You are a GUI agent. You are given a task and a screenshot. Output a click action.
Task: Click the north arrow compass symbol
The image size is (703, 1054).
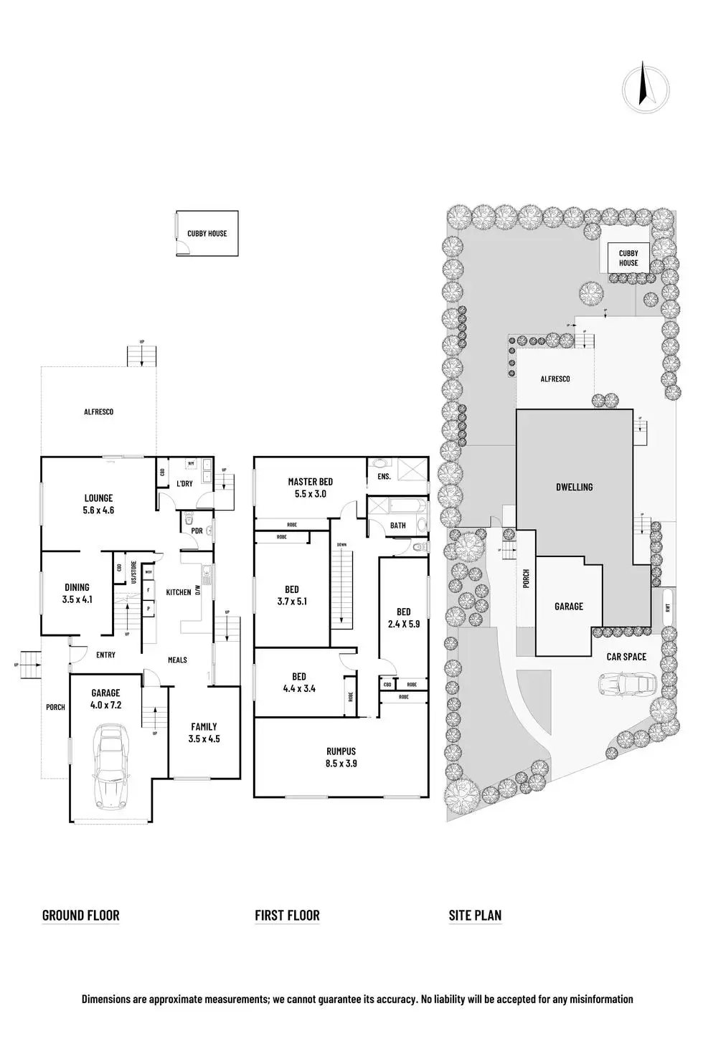tap(645, 90)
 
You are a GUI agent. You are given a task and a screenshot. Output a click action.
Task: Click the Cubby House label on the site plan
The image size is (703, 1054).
tap(628, 258)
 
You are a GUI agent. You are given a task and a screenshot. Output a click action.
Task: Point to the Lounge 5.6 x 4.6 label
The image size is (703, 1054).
tap(98, 504)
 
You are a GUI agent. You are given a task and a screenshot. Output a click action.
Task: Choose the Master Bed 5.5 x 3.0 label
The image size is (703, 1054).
tap(310, 488)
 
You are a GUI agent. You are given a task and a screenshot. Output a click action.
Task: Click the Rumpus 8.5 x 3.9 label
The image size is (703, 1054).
tap(341, 757)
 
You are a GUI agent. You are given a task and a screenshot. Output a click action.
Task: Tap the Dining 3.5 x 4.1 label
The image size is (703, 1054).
tap(77, 593)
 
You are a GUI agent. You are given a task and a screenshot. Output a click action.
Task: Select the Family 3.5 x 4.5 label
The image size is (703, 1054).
tap(204, 732)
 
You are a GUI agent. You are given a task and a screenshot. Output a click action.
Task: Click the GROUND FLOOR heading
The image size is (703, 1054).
tap(81, 915)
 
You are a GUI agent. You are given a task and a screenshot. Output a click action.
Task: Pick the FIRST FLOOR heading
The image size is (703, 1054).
tap(287, 915)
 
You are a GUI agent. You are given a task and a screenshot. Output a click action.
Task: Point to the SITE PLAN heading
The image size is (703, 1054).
tap(475, 915)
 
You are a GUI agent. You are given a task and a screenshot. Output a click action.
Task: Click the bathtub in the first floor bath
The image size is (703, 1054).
tap(395, 506)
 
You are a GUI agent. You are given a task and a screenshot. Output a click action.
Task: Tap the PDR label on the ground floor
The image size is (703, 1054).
tap(196, 531)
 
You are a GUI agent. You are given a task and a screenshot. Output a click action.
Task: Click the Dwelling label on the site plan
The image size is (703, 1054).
tap(575, 487)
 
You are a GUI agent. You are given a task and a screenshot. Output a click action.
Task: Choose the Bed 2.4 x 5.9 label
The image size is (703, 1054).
tap(403, 617)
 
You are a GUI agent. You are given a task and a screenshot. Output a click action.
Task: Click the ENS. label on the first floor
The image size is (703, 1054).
tap(384, 476)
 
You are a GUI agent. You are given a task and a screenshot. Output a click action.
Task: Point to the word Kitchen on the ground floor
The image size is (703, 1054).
tap(179, 592)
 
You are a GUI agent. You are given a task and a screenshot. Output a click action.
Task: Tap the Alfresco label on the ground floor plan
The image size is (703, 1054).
tap(98, 412)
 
